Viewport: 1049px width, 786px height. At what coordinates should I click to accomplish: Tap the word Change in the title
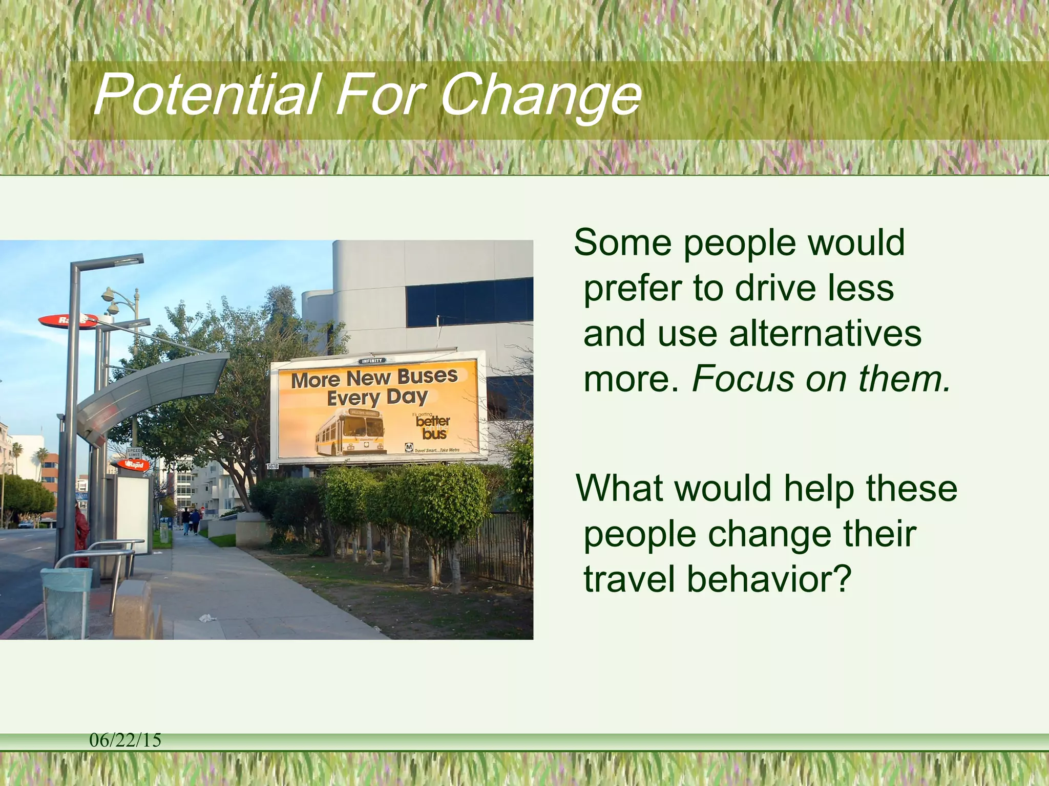(x=540, y=96)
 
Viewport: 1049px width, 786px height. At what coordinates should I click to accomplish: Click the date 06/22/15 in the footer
(x=125, y=740)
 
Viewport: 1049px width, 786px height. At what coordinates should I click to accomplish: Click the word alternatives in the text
(x=825, y=334)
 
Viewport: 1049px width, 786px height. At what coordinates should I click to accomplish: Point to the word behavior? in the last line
(x=768, y=579)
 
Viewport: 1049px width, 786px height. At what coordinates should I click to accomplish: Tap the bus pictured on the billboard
(x=351, y=434)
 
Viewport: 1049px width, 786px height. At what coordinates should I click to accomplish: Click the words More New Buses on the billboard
(x=374, y=378)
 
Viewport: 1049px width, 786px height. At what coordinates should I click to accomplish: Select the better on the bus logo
(x=433, y=427)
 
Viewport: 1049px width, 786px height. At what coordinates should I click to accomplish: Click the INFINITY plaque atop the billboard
(x=371, y=361)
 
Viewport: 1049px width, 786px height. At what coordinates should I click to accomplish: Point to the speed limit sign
(x=134, y=453)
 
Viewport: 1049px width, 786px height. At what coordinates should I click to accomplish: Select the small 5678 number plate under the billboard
(x=272, y=466)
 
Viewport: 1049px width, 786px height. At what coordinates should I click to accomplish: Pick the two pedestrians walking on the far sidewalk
(x=191, y=521)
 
